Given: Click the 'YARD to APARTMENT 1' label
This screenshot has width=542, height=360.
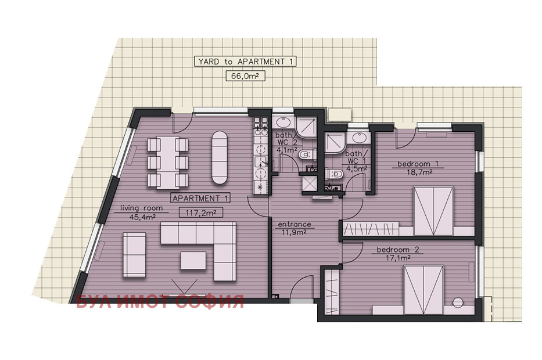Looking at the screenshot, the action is tap(245, 62).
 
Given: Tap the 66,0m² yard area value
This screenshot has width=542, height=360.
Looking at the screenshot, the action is tap(245, 75).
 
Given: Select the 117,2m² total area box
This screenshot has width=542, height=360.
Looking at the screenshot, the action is tap(201, 213).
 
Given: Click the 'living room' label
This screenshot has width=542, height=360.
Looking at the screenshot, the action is tap(141, 208).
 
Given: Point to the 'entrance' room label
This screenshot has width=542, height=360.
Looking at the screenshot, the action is tap(295, 224).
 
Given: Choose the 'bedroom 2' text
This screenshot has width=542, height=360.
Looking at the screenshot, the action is tap(398, 250).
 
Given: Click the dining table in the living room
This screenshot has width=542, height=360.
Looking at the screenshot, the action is tap(168, 163).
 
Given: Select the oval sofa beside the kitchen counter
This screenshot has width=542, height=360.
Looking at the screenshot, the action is tap(220, 157).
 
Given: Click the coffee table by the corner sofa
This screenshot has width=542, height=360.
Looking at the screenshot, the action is tap(193, 260).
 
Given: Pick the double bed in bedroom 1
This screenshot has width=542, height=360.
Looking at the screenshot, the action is tap(433, 211).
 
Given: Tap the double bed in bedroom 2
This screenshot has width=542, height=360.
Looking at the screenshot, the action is tap(424, 290).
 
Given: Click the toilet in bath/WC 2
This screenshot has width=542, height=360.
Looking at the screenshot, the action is tap(307, 155).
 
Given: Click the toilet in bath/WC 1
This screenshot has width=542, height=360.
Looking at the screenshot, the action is tap(334, 174).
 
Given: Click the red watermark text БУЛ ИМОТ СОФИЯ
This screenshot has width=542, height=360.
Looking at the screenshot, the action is tap(160, 301).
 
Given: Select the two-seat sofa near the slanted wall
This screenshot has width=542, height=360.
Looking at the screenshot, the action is tap(134, 255).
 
